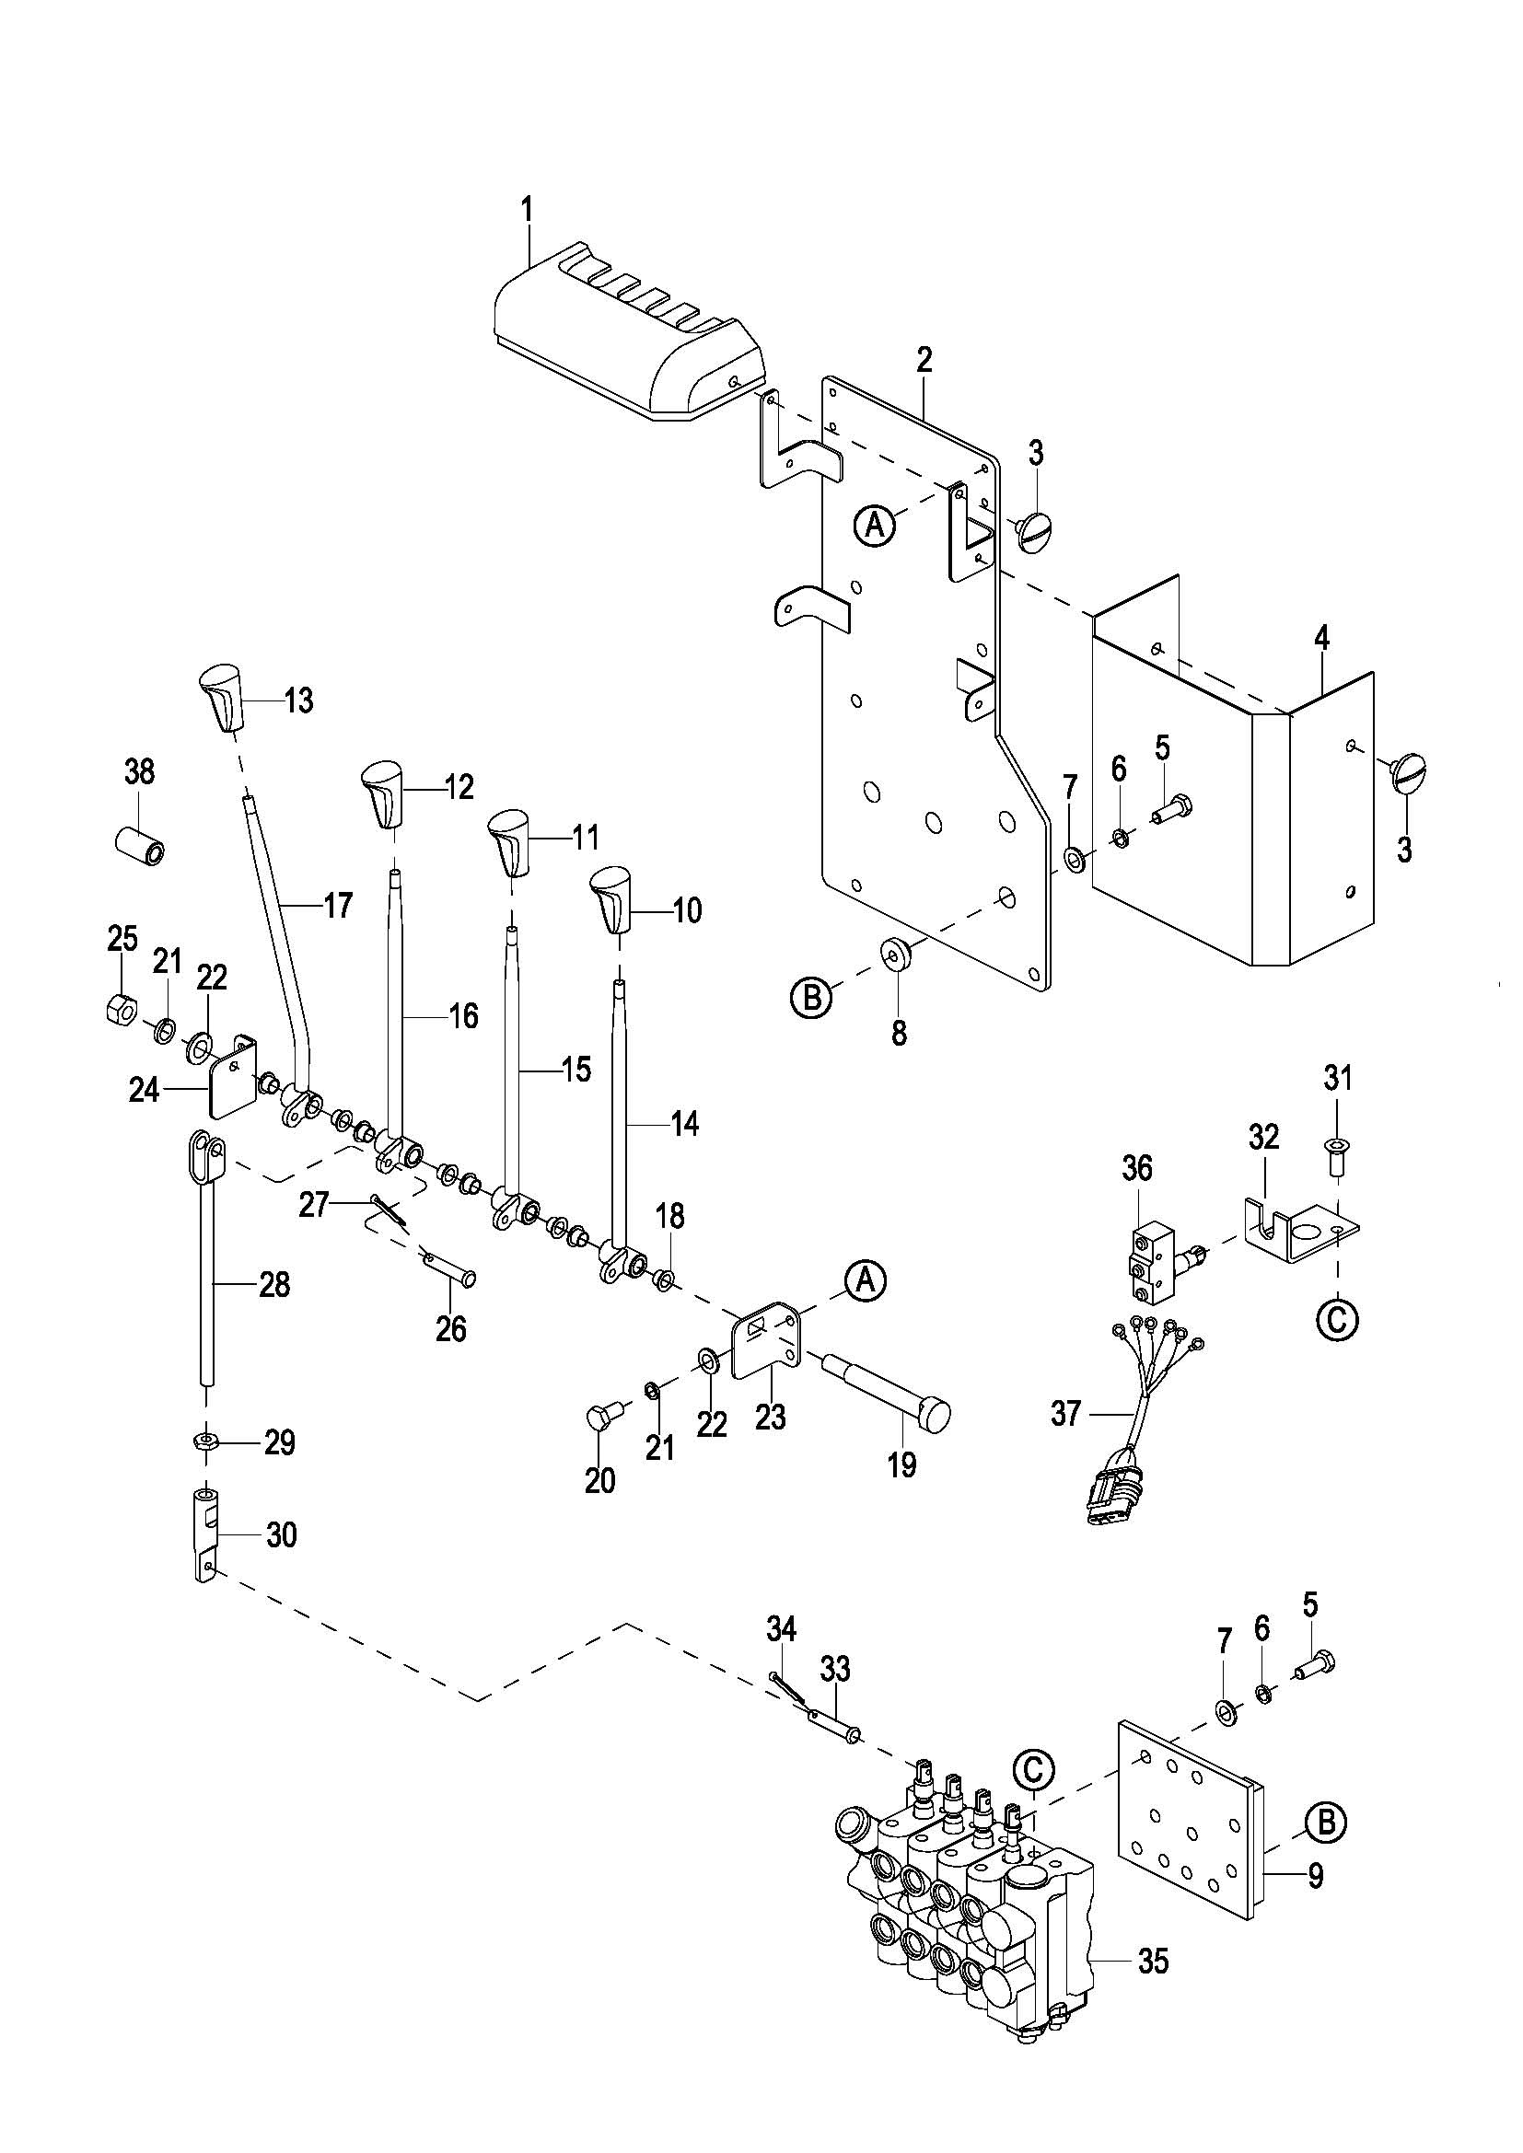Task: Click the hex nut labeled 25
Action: (122, 1008)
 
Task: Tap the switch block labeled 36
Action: (1150, 1255)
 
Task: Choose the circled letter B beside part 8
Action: (812, 998)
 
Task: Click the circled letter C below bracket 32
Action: (1337, 1319)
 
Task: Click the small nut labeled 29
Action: (204, 1440)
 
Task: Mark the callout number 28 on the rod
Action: (273, 1284)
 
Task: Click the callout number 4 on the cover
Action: (1320, 640)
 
